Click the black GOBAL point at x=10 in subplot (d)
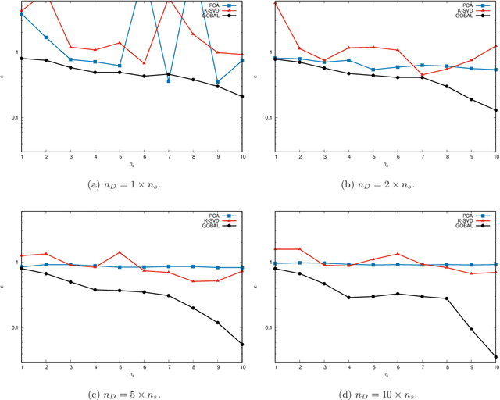pyautogui.click(x=495, y=357)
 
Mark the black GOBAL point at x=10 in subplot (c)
pyautogui.click(x=242, y=344)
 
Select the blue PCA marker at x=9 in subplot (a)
pyautogui.click(x=217, y=82)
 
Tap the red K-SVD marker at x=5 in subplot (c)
pyautogui.click(x=120, y=252)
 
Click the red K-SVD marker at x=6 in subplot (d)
pyautogui.click(x=398, y=254)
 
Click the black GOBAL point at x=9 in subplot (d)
pyautogui.click(x=470, y=329)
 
